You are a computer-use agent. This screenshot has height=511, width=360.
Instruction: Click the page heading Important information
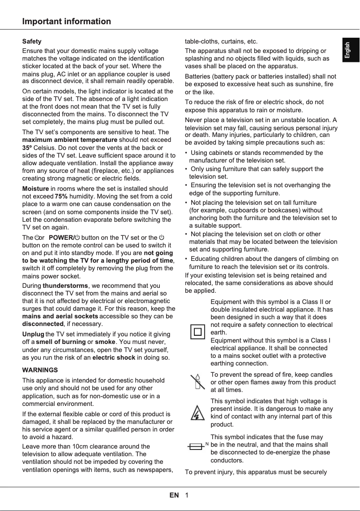66,22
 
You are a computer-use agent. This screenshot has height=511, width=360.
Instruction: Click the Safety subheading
32,41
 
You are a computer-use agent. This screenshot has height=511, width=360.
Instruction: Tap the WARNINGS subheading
40,370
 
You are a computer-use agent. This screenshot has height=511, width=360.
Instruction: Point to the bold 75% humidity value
61,196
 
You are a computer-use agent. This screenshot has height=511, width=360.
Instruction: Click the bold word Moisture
35,189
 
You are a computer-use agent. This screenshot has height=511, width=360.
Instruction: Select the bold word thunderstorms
66,286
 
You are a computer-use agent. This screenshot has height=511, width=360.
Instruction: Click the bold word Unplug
33,334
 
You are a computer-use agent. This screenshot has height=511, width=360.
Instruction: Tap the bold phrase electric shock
113,357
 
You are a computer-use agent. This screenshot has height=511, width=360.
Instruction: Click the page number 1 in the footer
186,495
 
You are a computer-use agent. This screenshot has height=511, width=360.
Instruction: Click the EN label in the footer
174,495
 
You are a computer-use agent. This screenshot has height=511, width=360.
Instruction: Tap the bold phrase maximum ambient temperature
70,140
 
